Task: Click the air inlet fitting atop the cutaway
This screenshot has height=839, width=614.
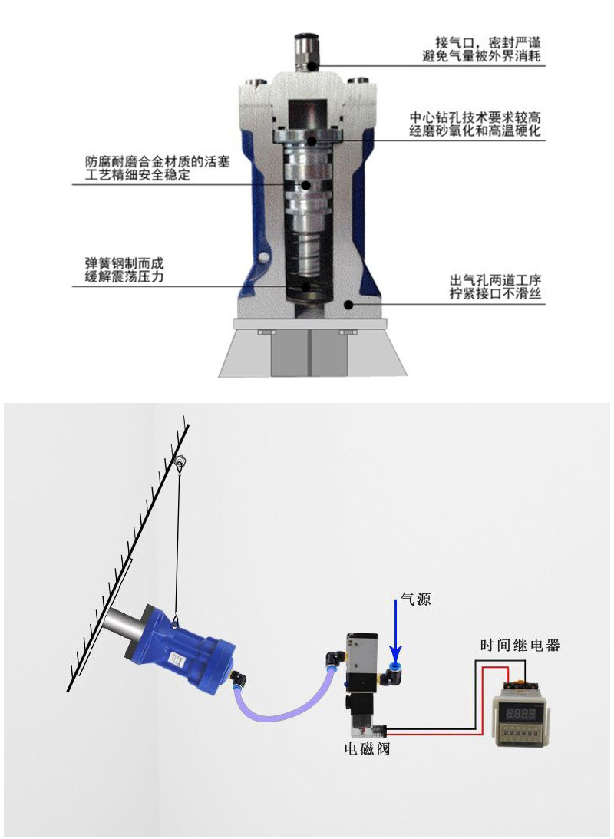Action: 307,52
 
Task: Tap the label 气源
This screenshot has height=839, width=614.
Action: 415,599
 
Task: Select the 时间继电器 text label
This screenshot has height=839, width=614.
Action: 520,645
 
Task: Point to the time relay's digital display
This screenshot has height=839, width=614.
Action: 521,712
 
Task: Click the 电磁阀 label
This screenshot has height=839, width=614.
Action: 367,748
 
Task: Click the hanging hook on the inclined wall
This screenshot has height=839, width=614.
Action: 179,462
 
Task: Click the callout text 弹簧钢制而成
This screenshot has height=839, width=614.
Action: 124,263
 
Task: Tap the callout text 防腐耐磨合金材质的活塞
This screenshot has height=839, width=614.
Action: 157,161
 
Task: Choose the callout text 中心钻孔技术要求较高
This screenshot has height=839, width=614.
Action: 476,117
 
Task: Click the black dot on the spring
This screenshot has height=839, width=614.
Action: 305,286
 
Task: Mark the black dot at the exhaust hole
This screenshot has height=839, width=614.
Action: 348,305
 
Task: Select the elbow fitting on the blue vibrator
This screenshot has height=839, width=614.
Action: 238,679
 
